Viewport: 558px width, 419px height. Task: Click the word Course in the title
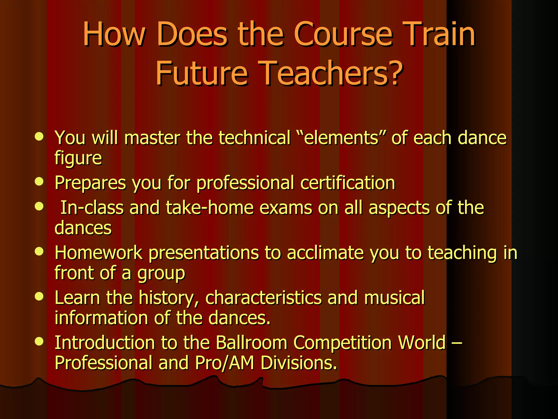pos(343,35)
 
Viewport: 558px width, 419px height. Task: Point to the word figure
pos(78,158)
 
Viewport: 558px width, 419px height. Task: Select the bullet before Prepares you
pos(39,182)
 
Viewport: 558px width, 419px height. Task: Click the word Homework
pos(98,253)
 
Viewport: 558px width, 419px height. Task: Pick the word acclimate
pos(325,253)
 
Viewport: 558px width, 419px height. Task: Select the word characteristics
pos(263,298)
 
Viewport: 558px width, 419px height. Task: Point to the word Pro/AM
pos(224,363)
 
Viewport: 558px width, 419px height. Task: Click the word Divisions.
pos(299,363)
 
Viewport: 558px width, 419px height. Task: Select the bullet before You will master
pos(39,136)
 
